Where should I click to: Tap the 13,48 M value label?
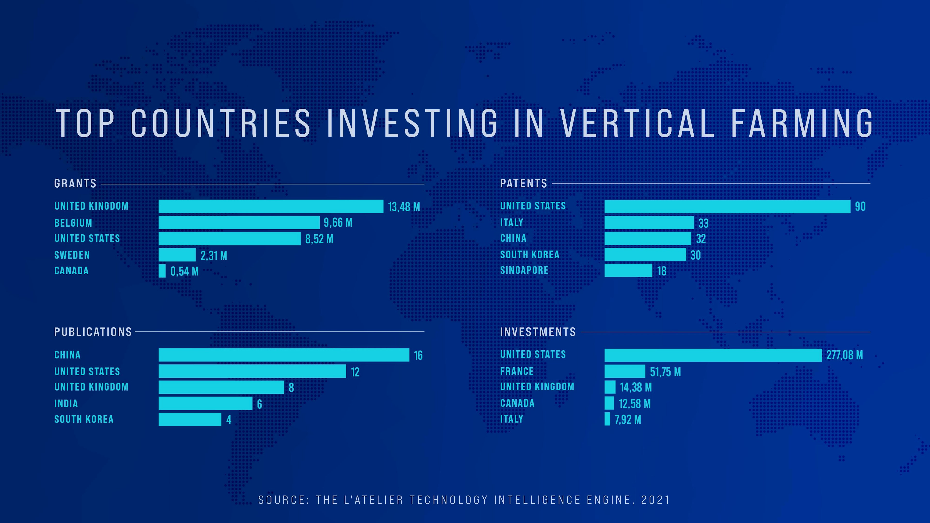pos(404,207)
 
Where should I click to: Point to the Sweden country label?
pos(72,255)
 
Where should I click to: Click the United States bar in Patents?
pos(727,207)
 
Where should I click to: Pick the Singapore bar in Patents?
pos(628,270)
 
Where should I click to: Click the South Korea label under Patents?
pos(530,254)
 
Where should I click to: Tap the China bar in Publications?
pos(284,355)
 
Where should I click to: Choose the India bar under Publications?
pos(205,404)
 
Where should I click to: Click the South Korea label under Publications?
pos(84,419)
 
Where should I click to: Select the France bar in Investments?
pos(625,371)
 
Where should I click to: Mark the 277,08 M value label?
pos(845,355)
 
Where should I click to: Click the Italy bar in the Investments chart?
pos(607,419)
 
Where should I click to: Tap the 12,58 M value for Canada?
pos(634,404)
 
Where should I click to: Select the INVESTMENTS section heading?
pos(538,332)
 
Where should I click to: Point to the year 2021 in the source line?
pos(655,500)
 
